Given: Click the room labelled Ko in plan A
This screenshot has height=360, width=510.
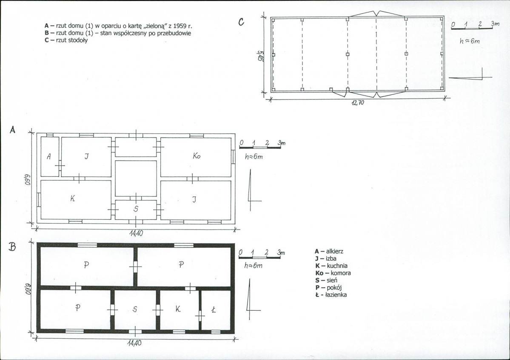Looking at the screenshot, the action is click(196, 157).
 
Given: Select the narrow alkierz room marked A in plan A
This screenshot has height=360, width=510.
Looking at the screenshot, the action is click(50, 156).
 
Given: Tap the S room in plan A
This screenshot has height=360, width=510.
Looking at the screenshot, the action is click(136, 210).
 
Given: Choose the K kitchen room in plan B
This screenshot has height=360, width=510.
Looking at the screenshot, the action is click(179, 310).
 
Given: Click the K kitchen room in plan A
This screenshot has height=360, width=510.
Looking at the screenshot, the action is click(76, 200).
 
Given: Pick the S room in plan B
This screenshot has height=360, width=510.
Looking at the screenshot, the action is click(135, 310).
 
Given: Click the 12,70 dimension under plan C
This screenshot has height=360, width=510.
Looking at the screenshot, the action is click(357, 103).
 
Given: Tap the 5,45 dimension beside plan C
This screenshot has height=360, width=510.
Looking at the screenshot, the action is click(260, 55).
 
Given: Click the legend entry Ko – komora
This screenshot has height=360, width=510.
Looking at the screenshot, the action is click(333, 273).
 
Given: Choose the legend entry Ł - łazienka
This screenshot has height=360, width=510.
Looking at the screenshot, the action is click(331, 295).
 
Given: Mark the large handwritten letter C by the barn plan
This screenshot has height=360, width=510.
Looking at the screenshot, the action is click(241, 22).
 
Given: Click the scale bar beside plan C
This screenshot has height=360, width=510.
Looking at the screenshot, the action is click(472, 29).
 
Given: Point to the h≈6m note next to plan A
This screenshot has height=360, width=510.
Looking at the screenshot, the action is click(254, 156).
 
